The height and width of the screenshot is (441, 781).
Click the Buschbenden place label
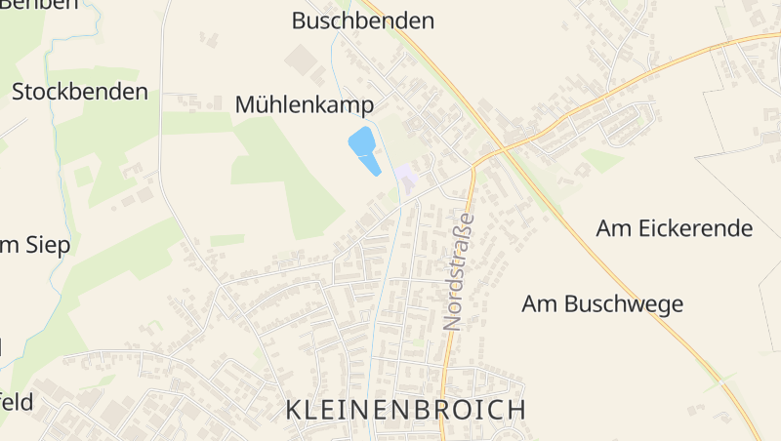363,20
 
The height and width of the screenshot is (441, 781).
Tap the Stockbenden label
80,93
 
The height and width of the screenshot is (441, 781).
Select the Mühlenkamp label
305,105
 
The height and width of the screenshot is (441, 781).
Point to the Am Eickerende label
675,228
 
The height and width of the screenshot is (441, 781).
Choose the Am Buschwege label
602,303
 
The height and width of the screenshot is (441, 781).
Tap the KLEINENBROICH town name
407,410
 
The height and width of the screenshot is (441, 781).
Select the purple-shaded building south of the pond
406,177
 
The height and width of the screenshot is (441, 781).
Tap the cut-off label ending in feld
17,402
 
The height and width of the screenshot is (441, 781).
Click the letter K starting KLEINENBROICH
297,410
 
